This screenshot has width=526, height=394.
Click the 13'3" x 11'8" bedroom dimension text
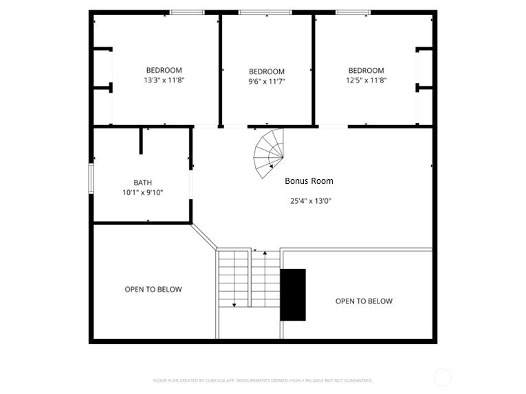click(164, 80)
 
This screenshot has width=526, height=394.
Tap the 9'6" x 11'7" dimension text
click(266, 82)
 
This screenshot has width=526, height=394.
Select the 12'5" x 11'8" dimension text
click(366, 80)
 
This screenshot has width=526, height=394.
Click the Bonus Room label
click(309, 181)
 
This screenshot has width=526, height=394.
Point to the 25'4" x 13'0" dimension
click(311, 201)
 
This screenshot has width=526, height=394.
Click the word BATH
click(142, 183)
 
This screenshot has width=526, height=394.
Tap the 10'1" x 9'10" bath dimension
click(142, 193)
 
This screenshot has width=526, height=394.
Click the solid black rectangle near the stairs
click(293, 294)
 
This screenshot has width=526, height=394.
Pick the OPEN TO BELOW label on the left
click(153, 290)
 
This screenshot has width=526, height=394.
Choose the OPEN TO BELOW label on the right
click(364, 301)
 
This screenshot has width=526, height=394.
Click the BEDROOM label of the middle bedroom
click(266, 71)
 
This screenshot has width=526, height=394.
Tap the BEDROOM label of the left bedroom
click(164, 70)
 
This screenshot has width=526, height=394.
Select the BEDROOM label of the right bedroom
click(366, 70)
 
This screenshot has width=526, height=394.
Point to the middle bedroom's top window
click(265, 12)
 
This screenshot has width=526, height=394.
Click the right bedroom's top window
click(353, 12)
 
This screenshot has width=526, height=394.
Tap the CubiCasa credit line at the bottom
click(263, 380)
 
